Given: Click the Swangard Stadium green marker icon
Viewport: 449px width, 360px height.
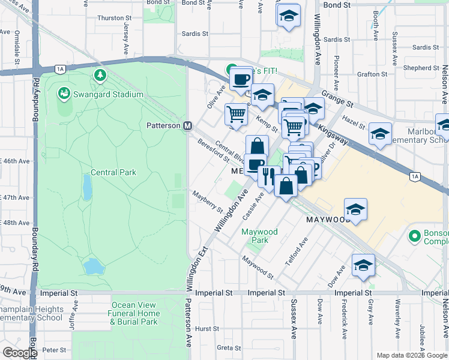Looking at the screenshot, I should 63,94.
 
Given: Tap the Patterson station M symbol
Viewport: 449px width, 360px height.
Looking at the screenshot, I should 187,125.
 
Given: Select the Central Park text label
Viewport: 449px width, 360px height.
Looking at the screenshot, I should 113,172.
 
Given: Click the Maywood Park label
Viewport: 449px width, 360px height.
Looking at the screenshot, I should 259,236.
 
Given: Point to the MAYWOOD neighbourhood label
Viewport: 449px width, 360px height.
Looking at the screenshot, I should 328,220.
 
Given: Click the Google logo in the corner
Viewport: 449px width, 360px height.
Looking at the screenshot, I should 19,353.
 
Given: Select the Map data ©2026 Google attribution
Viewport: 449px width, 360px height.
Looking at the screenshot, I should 412,355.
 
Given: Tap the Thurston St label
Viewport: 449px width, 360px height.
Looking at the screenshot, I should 110,18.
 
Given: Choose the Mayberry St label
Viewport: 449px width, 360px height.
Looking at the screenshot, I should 208,202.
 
